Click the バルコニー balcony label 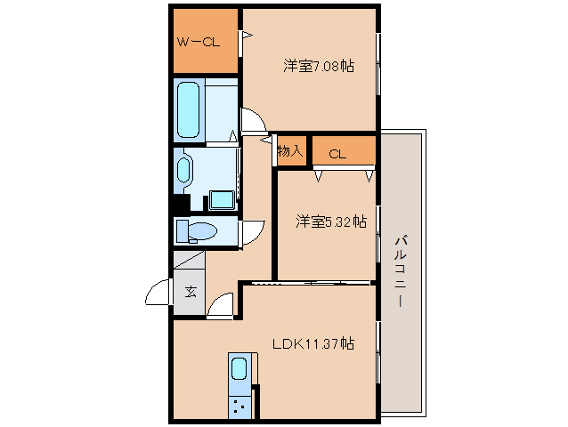[x=400, y=270]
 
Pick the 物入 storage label [x=290, y=150]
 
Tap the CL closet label [x=337, y=154]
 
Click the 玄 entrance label [x=191, y=290]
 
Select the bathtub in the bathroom [x=189, y=109]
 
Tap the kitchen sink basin [x=239, y=367]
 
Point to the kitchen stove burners [x=239, y=406]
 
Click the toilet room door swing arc [x=253, y=230]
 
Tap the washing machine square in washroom [x=220, y=199]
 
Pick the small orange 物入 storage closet [x=291, y=150]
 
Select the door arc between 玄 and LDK [x=221, y=305]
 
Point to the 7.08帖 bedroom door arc [x=252, y=119]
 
